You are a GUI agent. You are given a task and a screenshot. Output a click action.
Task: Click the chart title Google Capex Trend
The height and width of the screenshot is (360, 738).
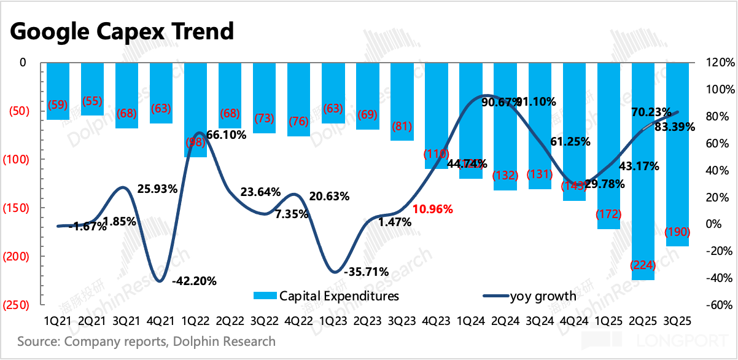click(x=122, y=30)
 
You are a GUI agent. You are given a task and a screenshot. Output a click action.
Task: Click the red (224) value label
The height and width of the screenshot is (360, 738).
click(x=643, y=265)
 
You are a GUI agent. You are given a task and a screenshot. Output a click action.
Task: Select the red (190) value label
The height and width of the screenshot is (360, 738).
click(x=678, y=232)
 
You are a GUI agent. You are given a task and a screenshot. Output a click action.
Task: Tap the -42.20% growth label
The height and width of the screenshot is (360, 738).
click(x=195, y=281)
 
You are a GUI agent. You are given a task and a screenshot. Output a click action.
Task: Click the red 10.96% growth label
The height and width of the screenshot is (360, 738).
click(x=433, y=209)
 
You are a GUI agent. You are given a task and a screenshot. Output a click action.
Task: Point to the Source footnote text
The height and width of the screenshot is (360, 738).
click(x=146, y=341)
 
